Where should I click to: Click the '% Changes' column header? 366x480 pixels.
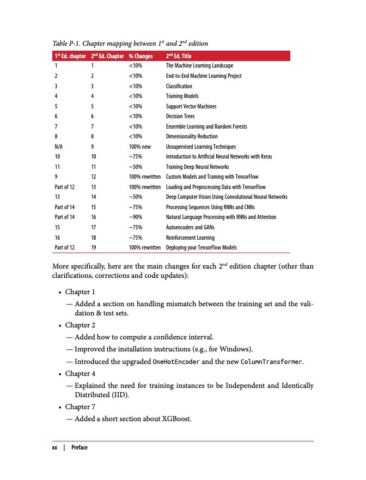pyautogui.click(x=140, y=56)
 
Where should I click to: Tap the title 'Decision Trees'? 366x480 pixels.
pyautogui.click(x=180, y=116)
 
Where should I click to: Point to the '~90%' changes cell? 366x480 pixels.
pyautogui.click(x=136, y=217)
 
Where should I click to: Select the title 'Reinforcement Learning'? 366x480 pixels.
pyautogui.click(x=190, y=238)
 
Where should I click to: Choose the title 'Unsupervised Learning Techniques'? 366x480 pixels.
pyautogui.click(x=200, y=147)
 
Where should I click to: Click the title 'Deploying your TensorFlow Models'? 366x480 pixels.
pyautogui.click(x=201, y=248)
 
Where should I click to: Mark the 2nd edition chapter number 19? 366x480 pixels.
pyautogui.click(x=94, y=248)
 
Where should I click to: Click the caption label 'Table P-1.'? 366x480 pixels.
pyautogui.click(x=69, y=44)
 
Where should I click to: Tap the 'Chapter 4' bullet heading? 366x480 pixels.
pyautogui.click(x=80, y=374)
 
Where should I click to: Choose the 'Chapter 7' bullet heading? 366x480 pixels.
pyautogui.click(x=80, y=407)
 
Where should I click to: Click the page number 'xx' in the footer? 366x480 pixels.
pyautogui.click(x=54, y=447)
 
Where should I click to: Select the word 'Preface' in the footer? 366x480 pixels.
pyautogui.click(x=80, y=447)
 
